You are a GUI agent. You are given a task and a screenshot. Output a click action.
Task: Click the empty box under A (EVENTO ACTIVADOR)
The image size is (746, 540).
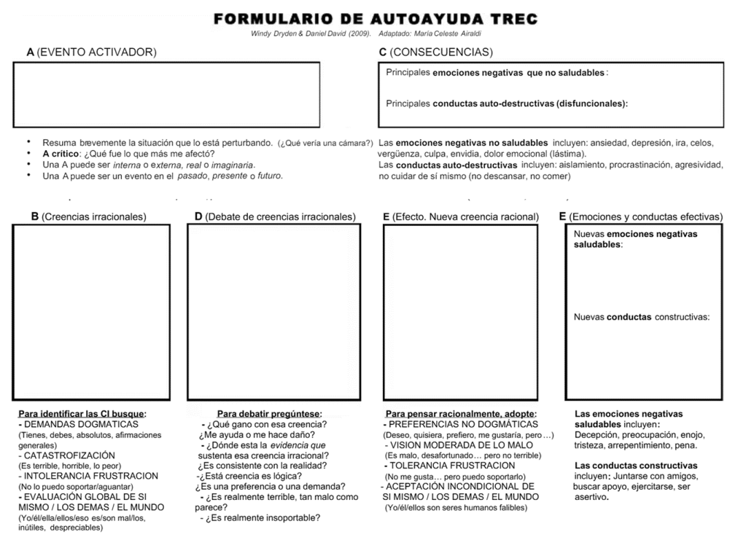pyautogui.click(x=166, y=95)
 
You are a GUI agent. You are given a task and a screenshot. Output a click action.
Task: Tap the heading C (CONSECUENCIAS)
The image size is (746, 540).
pyautogui.click(x=435, y=52)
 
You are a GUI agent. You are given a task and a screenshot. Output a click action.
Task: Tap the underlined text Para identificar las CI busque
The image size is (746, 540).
pyautogui.click(x=82, y=414)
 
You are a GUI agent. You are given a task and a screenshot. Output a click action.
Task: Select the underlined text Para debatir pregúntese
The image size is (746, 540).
pyautogui.click(x=269, y=414)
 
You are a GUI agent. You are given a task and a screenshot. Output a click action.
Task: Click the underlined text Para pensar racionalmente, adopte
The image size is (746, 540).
pyautogui.click(x=460, y=414)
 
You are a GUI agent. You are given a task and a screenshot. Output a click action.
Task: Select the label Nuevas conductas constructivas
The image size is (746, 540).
pyautogui.click(x=642, y=317)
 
